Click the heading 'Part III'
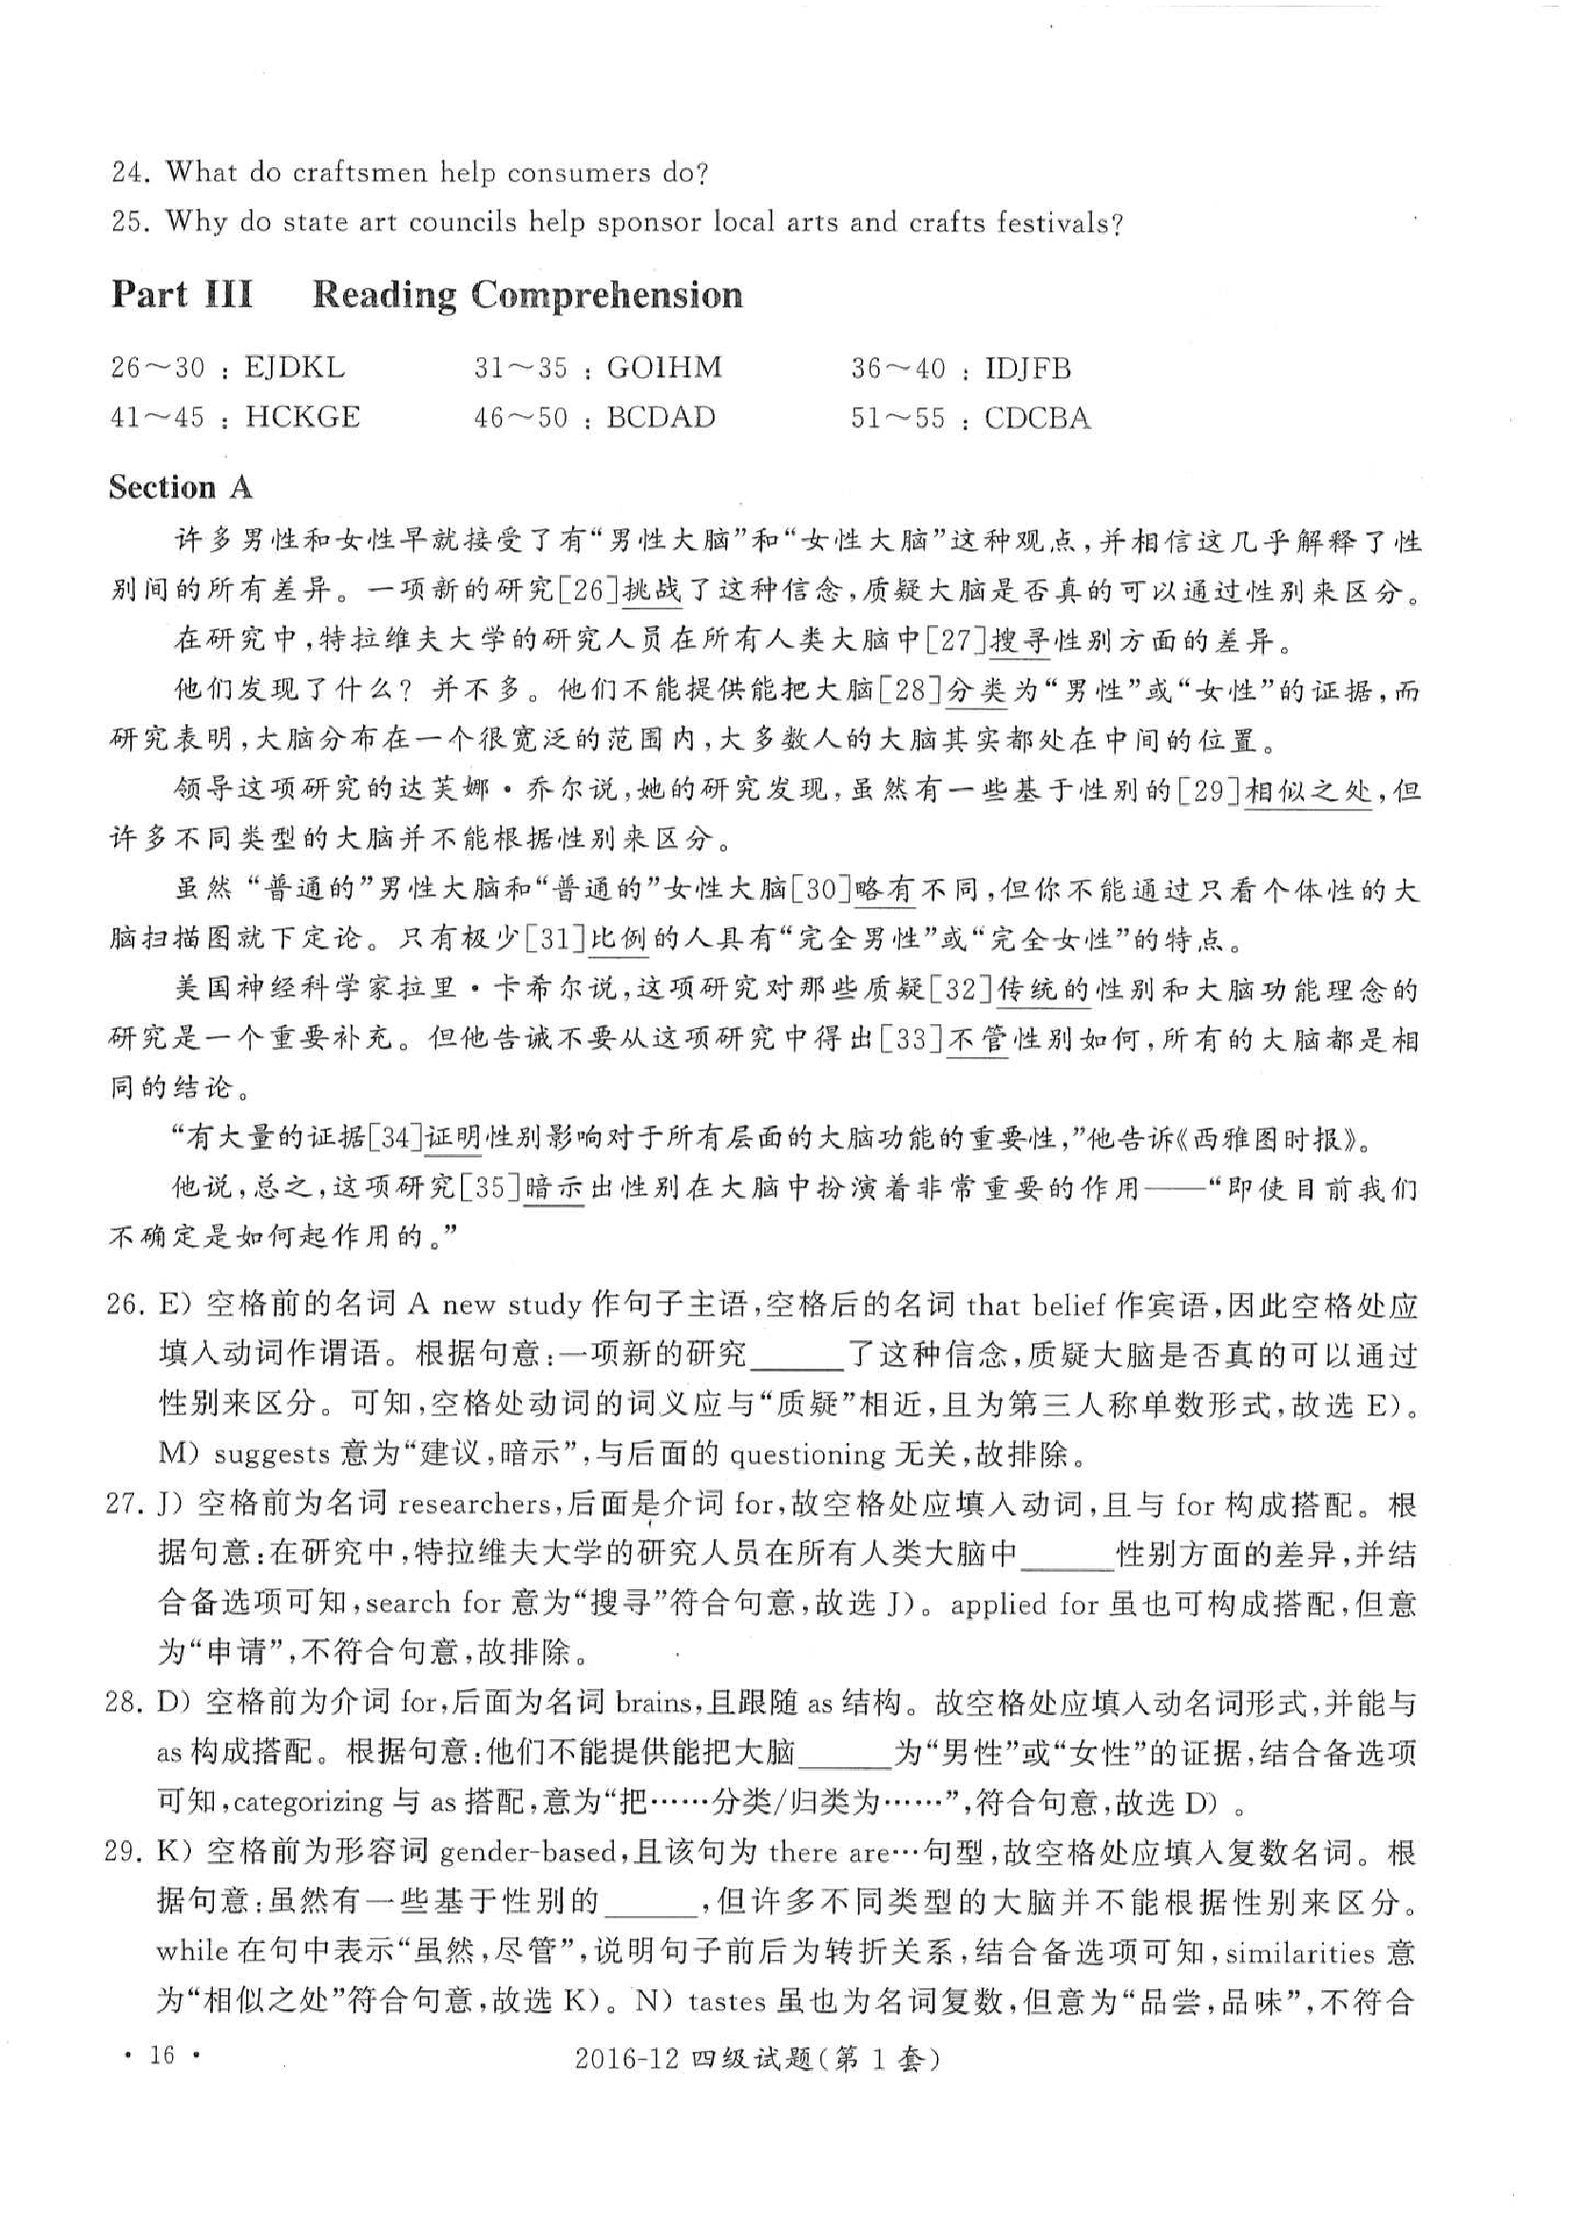[182, 294]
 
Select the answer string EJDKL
[295, 368]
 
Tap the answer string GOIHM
[664, 368]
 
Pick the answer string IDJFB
[1028, 369]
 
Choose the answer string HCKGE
[302, 417]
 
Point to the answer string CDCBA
[1037, 418]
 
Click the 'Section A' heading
[180, 486]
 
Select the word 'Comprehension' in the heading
[607, 294]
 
